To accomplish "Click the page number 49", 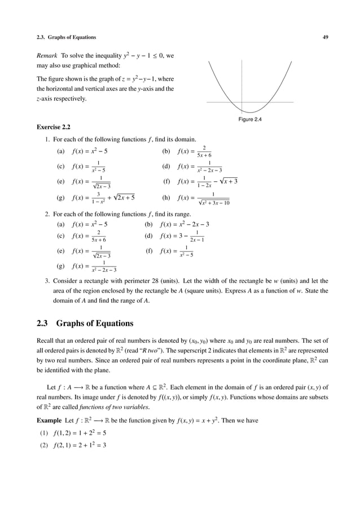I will coord(325,37).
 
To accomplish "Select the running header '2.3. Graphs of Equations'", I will coord(66,37).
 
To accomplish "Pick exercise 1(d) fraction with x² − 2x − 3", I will coord(199,167).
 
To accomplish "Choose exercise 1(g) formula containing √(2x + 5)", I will coord(103,198).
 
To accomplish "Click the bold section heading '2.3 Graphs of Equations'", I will coord(85,324).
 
